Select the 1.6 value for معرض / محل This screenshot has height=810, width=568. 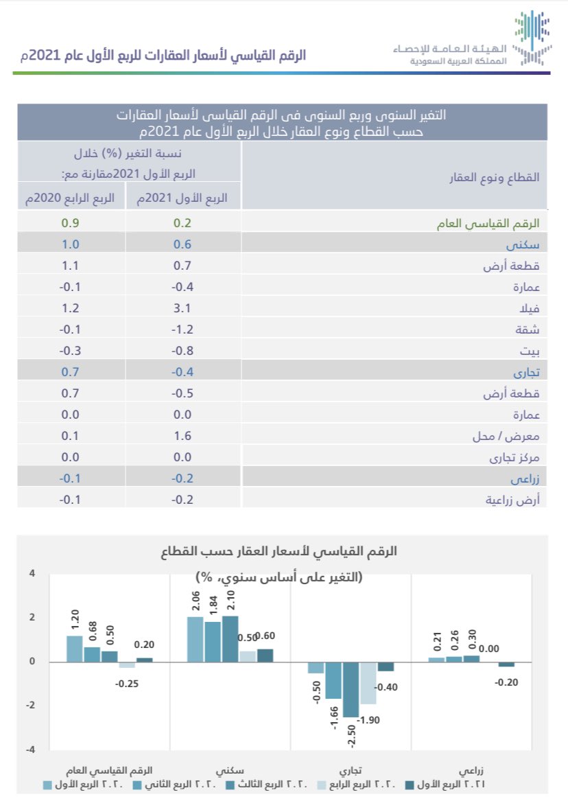[x=182, y=436]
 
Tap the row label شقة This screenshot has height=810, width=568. [x=529, y=329]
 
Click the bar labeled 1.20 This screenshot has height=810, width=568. [x=75, y=649]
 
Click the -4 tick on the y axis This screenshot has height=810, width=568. [x=29, y=750]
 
